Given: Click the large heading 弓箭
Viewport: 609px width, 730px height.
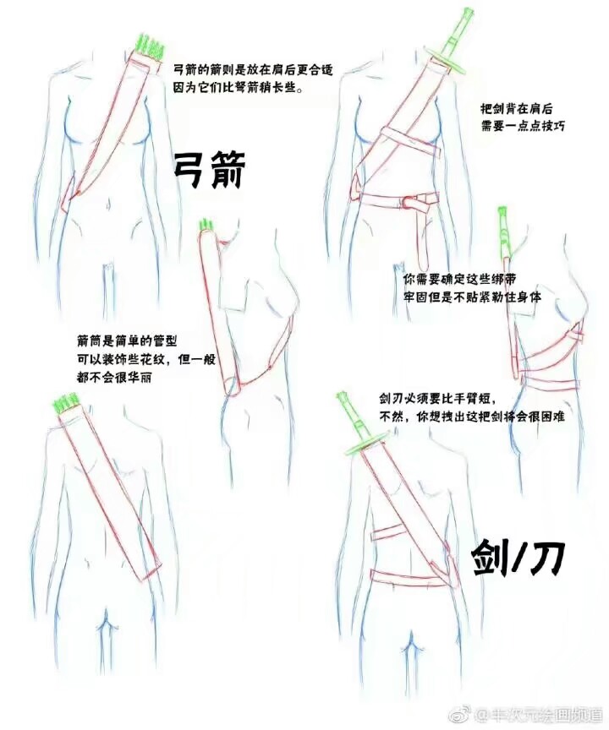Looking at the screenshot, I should tap(209, 170).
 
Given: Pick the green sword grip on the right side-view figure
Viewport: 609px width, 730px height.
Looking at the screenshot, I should tap(504, 231).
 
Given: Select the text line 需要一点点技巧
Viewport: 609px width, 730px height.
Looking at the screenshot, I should tap(522, 127).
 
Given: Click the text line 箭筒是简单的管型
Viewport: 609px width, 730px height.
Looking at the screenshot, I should tap(127, 341).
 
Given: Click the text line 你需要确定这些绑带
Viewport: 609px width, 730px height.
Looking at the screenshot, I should tap(458, 278).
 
